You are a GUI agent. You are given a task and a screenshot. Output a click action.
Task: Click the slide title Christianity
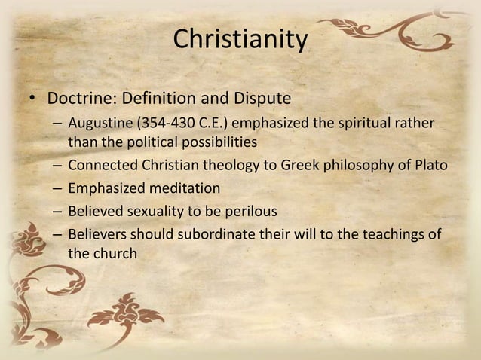(x=240, y=38)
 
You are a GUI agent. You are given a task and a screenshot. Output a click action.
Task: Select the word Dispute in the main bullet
(x=265, y=99)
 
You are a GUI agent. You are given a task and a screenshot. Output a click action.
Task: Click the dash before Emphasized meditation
(x=57, y=188)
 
